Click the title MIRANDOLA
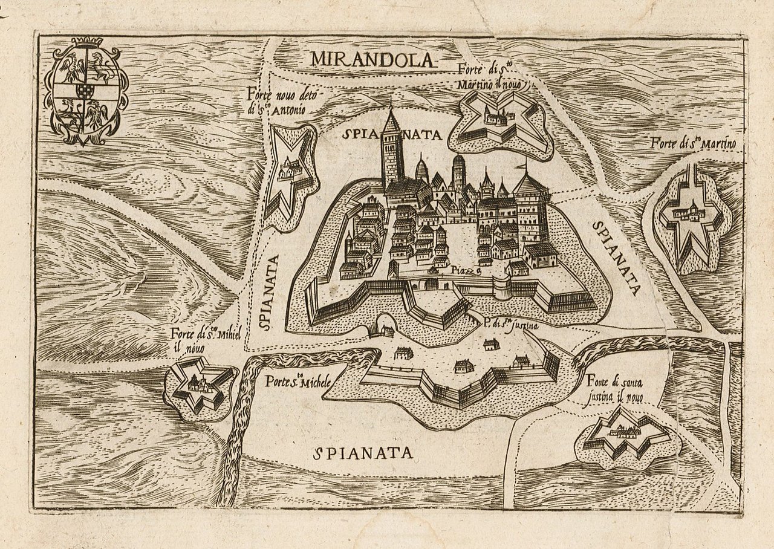click(x=372, y=59)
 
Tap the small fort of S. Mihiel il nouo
click(x=198, y=387)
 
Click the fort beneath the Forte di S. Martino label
click(x=691, y=221)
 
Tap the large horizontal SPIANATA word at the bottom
click(x=364, y=452)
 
